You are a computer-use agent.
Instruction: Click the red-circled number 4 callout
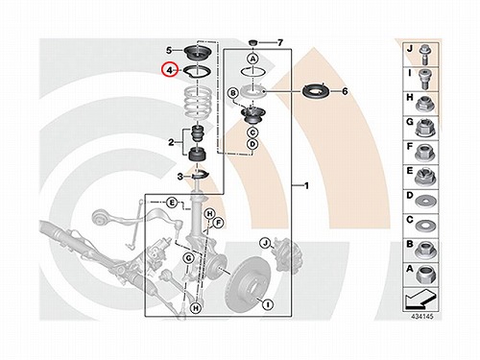click(x=169, y=70)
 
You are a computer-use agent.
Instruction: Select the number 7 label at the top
click(x=280, y=42)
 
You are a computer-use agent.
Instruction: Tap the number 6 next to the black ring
click(x=345, y=91)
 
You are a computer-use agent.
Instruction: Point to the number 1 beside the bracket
click(x=306, y=185)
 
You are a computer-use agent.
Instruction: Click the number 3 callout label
click(x=180, y=177)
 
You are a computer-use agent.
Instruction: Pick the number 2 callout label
click(x=171, y=142)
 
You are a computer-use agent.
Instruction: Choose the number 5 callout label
click(x=169, y=50)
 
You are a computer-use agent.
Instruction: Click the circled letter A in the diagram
click(x=252, y=59)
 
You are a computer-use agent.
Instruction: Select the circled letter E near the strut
click(x=172, y=203)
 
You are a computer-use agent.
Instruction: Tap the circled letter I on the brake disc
click(x=268, y=303)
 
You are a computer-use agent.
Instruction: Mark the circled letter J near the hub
click(x=265, y=244)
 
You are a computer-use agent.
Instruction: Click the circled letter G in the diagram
click(x=188, y=258)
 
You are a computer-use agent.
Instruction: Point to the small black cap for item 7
click(x=253, y=42)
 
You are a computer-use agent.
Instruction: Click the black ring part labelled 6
click(x=316, y=91)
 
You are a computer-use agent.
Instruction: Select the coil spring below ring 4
click(x=198, y=104)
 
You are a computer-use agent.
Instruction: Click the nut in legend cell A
click(x=426, y=275)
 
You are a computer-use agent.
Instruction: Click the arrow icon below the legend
click(x=420, y=300)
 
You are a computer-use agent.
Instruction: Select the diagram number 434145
click(x=422, y=316)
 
